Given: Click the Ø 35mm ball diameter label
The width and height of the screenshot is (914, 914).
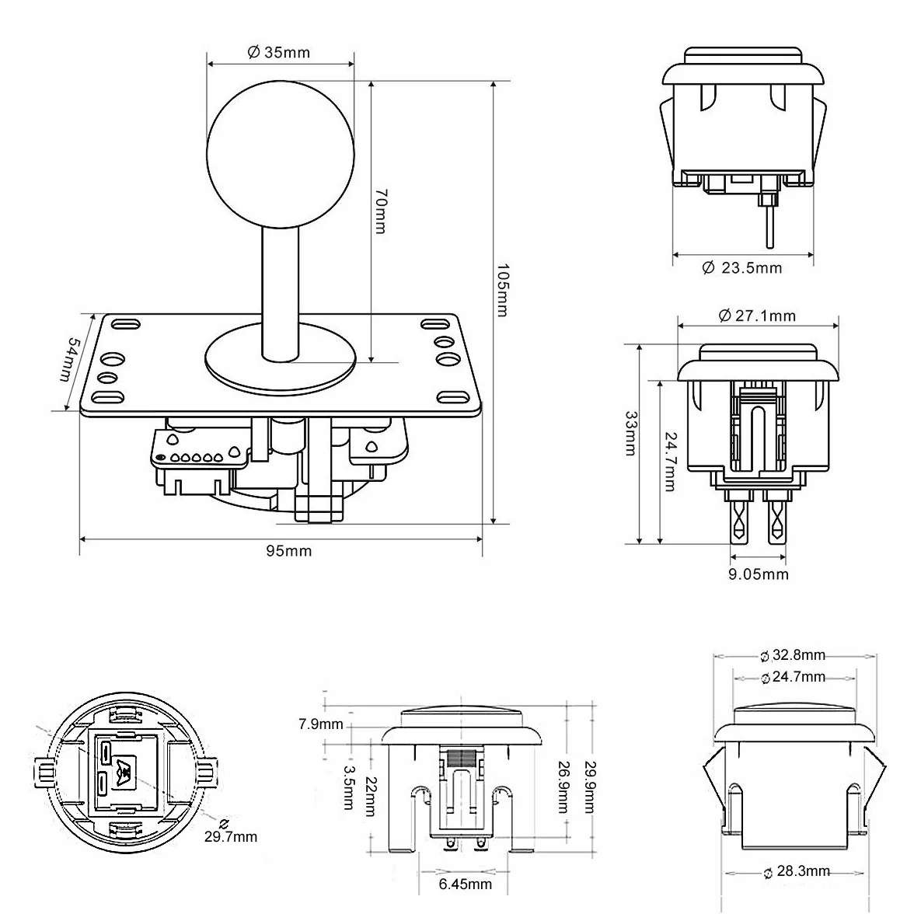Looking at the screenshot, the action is [x=278, y=53].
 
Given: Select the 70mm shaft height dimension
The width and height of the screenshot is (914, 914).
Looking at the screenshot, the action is [x=380, y=211].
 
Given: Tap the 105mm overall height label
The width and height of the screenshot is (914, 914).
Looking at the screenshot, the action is [x=502, y=291].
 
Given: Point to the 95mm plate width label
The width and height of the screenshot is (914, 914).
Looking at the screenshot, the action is [x=289, y=551].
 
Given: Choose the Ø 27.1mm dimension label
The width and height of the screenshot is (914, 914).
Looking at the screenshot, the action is [x=757, y=316].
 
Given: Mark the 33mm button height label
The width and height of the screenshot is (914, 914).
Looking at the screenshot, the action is [x=631, y=433].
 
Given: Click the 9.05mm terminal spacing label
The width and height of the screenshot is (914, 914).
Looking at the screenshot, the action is [x=759, y=574].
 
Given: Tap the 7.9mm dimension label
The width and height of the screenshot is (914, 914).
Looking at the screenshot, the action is [x=321, y=724].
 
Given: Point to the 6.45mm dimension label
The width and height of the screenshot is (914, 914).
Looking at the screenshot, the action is [x=465, y=884].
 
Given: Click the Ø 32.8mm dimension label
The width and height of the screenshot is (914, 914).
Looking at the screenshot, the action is [x=793, y=655].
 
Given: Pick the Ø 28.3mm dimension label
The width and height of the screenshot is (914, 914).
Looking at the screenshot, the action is [x=797, y=870].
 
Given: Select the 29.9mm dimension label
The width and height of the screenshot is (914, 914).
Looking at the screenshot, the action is [x=590, y=787].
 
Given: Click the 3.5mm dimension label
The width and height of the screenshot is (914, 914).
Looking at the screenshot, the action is [x=348, y=787].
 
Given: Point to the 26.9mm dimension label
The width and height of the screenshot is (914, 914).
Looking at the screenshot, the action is [x=563, y=787].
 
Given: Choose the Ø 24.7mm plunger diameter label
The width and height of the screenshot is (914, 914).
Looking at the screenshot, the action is [x=794, y=678].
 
